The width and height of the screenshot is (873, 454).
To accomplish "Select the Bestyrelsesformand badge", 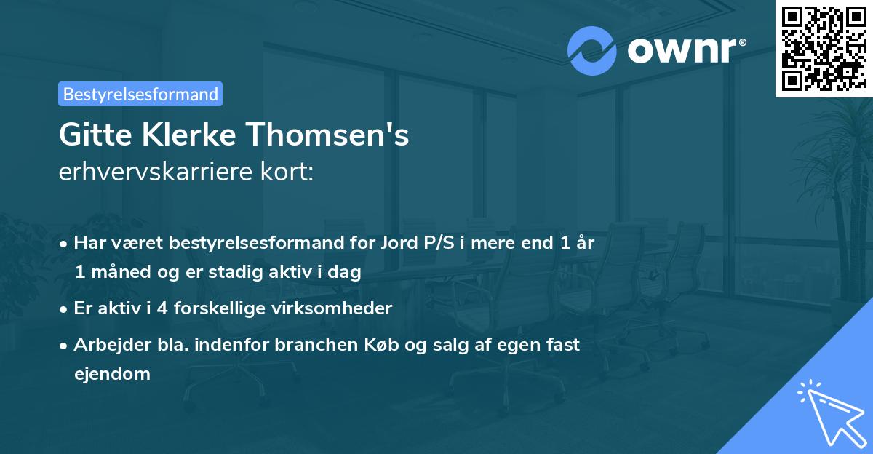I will pos(140,94).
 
